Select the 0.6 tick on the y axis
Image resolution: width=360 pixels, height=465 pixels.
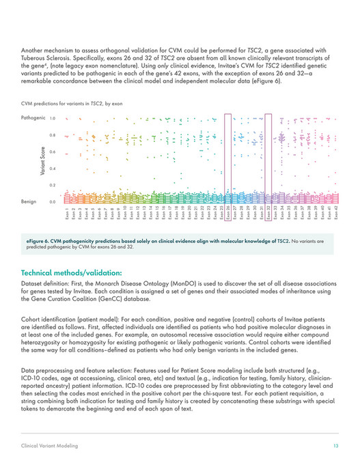[x=53, y=152]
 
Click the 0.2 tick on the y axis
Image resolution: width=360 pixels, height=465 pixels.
[x=53, y=185]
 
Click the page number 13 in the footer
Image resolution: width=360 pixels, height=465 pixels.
[x=335, y=445]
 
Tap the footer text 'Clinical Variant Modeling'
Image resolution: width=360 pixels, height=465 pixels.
[x=49, y=445]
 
